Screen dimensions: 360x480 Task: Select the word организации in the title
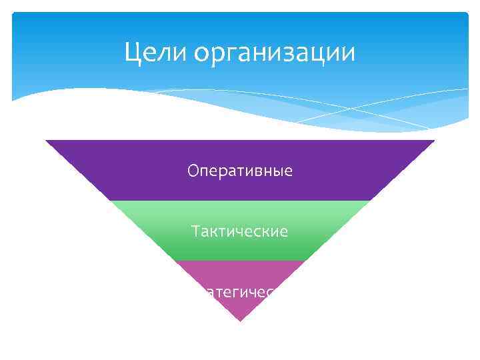(x=275, y=53)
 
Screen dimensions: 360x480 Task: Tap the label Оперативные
(x=240, y=171)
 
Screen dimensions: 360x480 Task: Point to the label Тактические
(x=240, y=232)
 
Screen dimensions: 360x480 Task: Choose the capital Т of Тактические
(x=195, y=232)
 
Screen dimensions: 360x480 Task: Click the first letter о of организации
(x=202, y=53)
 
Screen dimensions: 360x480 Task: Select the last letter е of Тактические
(x=284, y=233)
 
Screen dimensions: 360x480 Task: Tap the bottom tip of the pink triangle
(x=240, y=321)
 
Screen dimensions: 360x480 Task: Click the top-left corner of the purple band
(x=46, y=141)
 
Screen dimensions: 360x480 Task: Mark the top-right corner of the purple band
(x=434, y=141)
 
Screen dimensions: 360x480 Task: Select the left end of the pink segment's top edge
(x=175, y=261)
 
